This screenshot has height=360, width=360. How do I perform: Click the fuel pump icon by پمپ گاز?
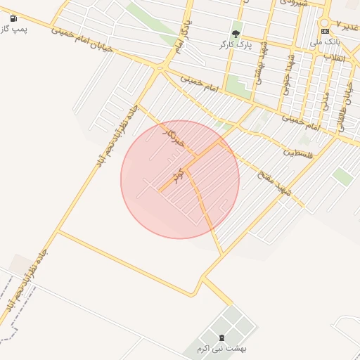[x=14, y=18]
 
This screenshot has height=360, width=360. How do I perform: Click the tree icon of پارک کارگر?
[x=236, y=34]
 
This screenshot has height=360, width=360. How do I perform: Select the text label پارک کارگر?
[x=235, y=44]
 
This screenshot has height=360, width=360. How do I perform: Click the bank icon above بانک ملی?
[x=325, y=31]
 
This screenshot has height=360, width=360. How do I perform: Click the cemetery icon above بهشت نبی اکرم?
[x=222, y=337]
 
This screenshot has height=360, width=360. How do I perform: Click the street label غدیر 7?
[x=347, y=25]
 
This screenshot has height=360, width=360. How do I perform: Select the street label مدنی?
[x=325, y=98]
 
